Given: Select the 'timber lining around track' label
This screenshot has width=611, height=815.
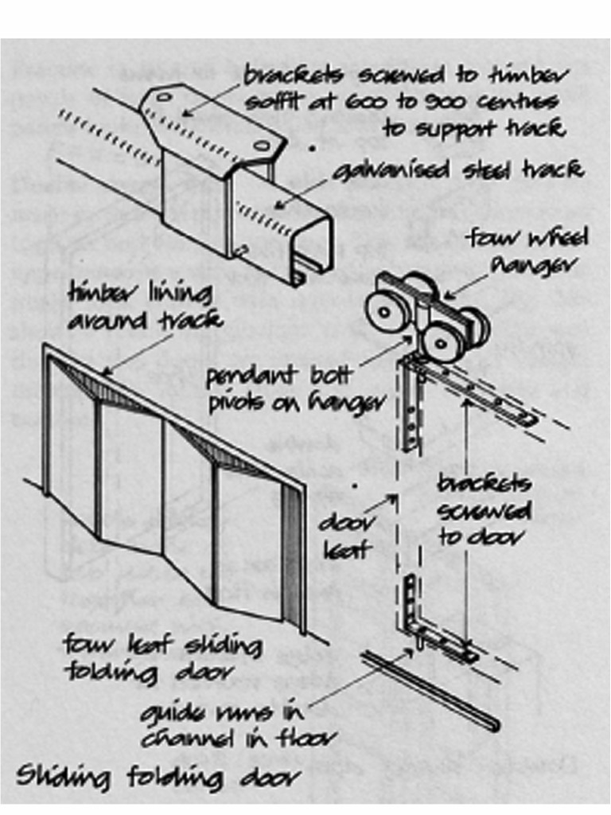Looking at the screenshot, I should (x=143, y=309).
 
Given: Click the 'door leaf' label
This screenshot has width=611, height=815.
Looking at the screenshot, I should (x=344, y=536).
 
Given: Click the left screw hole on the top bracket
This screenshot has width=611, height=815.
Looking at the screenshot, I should (x=164, y=97).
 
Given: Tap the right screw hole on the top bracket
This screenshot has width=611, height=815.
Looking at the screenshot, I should (x=262, y=146).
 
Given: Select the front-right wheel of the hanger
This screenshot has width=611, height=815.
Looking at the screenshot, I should (x=441, y=341).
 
